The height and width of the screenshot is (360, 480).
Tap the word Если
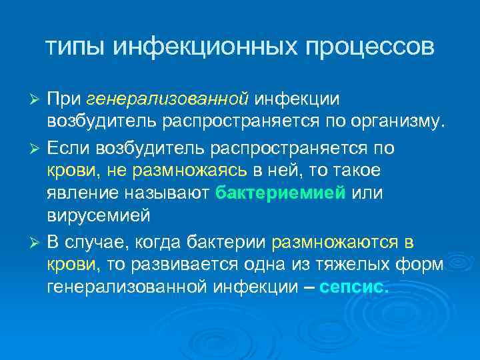pos(69,147)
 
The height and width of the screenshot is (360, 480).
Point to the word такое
pos(354,171)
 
